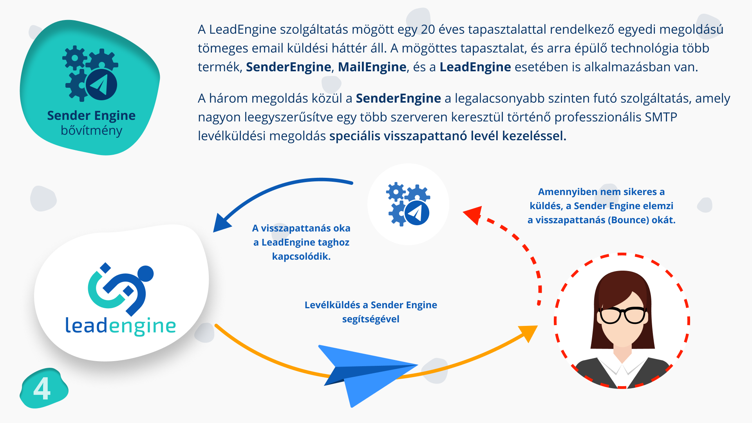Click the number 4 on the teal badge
(42, 389)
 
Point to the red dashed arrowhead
(473, 215)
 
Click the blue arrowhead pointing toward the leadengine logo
(222, 224)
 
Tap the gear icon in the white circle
(408, 204)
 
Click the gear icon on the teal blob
(90, 73)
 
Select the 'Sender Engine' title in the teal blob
(91, 116)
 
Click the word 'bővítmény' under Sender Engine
(92, 130)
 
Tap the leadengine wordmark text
(121, 326)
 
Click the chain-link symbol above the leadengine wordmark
(120, 289)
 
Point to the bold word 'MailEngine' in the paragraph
(372, 67)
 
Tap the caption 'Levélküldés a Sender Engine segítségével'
(371, 312)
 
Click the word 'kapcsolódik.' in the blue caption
(301, 257)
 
